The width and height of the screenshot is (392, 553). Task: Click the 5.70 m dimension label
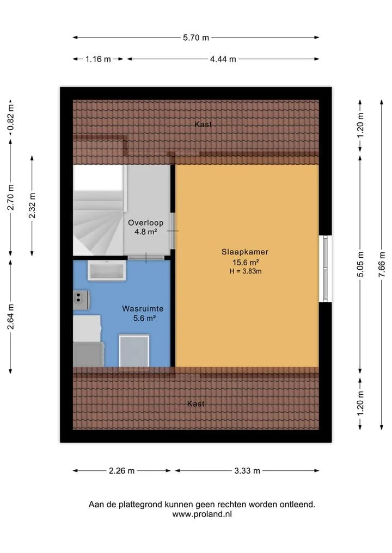[x=195, y=38]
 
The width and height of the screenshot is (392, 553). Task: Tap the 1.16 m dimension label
[x=98, y=59]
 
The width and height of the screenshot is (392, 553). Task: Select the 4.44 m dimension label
[x=223, y=59]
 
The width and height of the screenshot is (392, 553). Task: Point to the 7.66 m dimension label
[x=382, y=264]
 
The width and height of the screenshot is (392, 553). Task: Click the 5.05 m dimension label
[x=360, y=264]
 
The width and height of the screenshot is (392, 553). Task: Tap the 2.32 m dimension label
[x=32, y=206]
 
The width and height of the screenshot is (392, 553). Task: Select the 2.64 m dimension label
[x=10, y=316]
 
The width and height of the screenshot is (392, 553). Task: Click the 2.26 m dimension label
[x=121, y=470]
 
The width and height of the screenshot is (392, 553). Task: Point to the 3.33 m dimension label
[x=247, y=470]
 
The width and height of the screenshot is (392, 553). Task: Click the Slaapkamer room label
[x=245, y=252]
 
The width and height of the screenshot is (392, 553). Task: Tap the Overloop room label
[x=145, y=222]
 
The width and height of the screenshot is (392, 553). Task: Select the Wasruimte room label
[x=143, y=309]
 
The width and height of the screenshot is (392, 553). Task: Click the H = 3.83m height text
[x=246, y=271]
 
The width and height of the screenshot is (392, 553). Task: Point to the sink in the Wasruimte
[x=107, y=270]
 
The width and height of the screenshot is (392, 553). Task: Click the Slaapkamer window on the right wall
[x=325, y=269]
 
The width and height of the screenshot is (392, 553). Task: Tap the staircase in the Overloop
[x=99, y=210]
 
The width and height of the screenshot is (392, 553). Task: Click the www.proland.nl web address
[x=202, y=514]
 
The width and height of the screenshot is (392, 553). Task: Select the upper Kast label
[x=203, y=124]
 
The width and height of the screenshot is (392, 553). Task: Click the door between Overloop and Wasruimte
[x=146, y=258]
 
